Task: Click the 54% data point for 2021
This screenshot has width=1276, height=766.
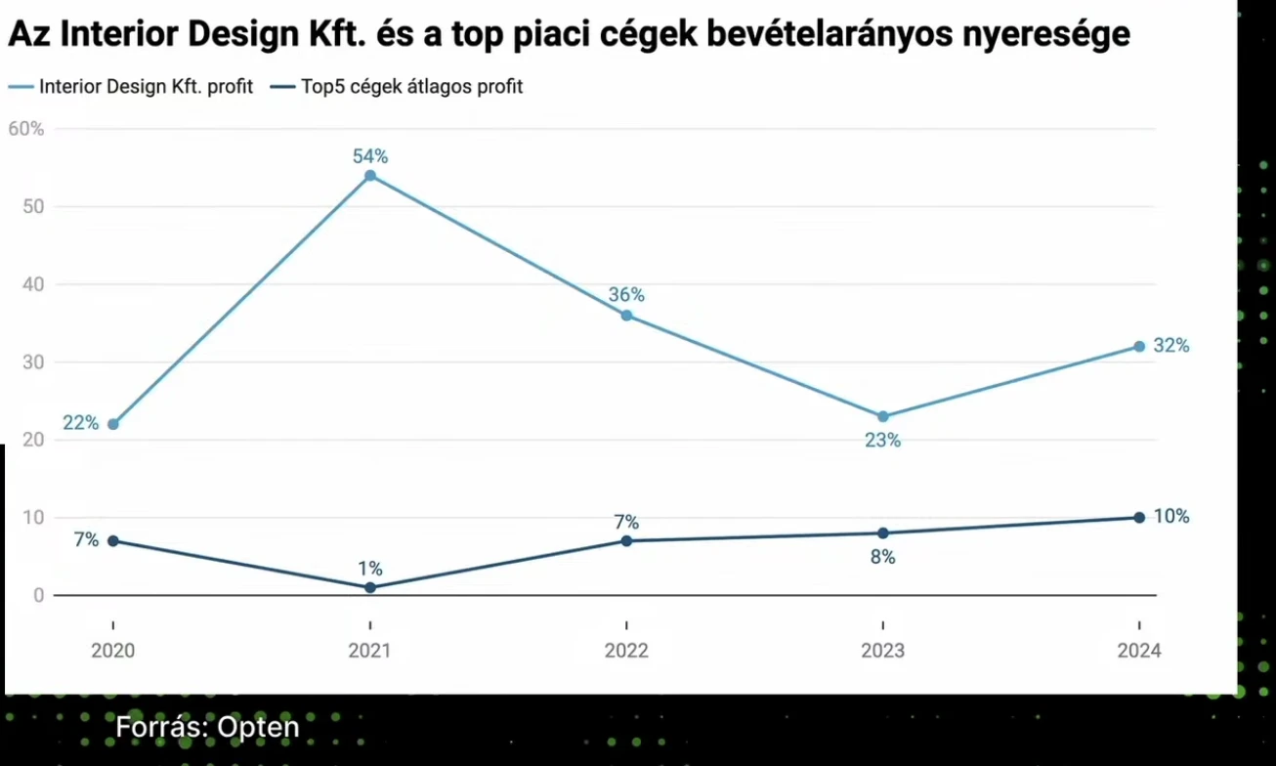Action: tap(370, 176)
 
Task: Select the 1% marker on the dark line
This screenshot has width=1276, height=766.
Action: tap(370, 587)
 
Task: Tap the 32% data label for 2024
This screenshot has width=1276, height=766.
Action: tap(1170, 346)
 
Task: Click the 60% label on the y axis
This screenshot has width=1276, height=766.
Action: tap(25, 129)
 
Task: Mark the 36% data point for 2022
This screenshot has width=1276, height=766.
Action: tap(626, 316)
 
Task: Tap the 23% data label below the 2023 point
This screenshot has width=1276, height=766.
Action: tap(882, 441)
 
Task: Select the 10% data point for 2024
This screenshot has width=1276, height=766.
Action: tap(1139, 518)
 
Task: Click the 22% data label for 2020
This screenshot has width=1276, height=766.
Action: tap(80, 423)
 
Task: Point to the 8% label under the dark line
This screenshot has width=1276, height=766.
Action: tap(883, 558)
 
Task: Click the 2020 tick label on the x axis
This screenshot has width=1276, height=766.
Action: tap(113, 651)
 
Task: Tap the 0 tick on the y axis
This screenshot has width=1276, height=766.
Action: tap(38, 595)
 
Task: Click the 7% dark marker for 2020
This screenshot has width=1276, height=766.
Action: tap(113, 541)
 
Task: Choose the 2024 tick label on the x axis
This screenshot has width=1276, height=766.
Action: tap(1139, 651)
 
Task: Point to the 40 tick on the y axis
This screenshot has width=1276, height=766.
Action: tap(34, 284)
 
